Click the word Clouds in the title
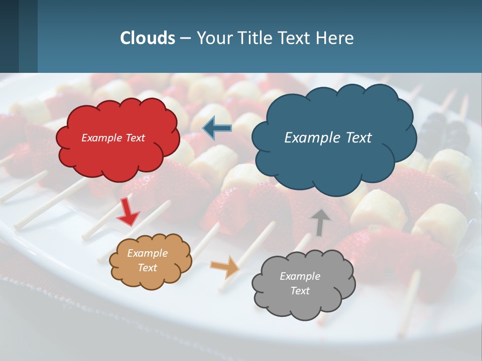coord(148,38)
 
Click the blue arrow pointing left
coord(217,128)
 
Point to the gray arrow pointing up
coord(320,222)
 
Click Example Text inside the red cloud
coord(113,138)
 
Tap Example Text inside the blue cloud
coord(328,138)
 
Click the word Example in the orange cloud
coord(147,254)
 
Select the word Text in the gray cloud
coord(300,291)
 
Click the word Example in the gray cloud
coord(300,276)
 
